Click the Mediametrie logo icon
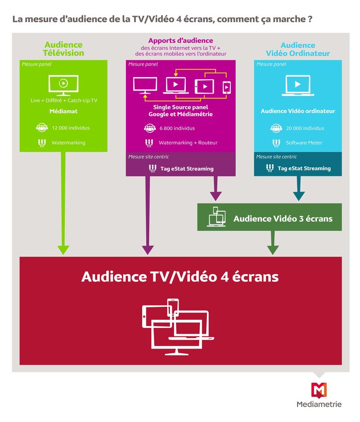pyautogui.click(x=319, y=390)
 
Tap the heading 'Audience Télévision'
pyautogui.click(x=63, y=49)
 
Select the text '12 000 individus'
pyautogui.click(x=71, y=128)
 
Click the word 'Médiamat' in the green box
pyautogui.click(x=63, y=111)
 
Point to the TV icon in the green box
pyautogui.click(x=63, y=85)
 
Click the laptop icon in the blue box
pyautogui.click(x=298, y=86)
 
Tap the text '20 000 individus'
pyautogui.click(x=305, y=128)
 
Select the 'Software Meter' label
pyautogui.click(x=304, y=143)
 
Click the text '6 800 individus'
pyautogui.click(x=177, y=128)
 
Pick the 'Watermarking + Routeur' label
pyautogui.click(x=188, y=143)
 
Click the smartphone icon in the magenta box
pyautogui.click(x=227, y=87)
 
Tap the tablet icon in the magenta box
pyautogui.click(x=204, y=86)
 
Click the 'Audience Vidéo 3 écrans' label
pyautogui.click(x=283, y=218)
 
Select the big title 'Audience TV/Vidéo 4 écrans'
pyautogui.click(x=180, y=277)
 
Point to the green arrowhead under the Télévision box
pyautogui.click(x=63, y=250)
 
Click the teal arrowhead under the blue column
pyautogui.click(x=299, y=196)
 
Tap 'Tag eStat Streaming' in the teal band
pyautogui.click(x=304, y=168)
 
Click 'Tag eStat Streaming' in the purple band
pyautogui.click(x=187, y=169)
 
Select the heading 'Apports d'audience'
pyautogui.click(x=180, y=41)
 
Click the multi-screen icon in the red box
pyautogui.click(x=178, y=327)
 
